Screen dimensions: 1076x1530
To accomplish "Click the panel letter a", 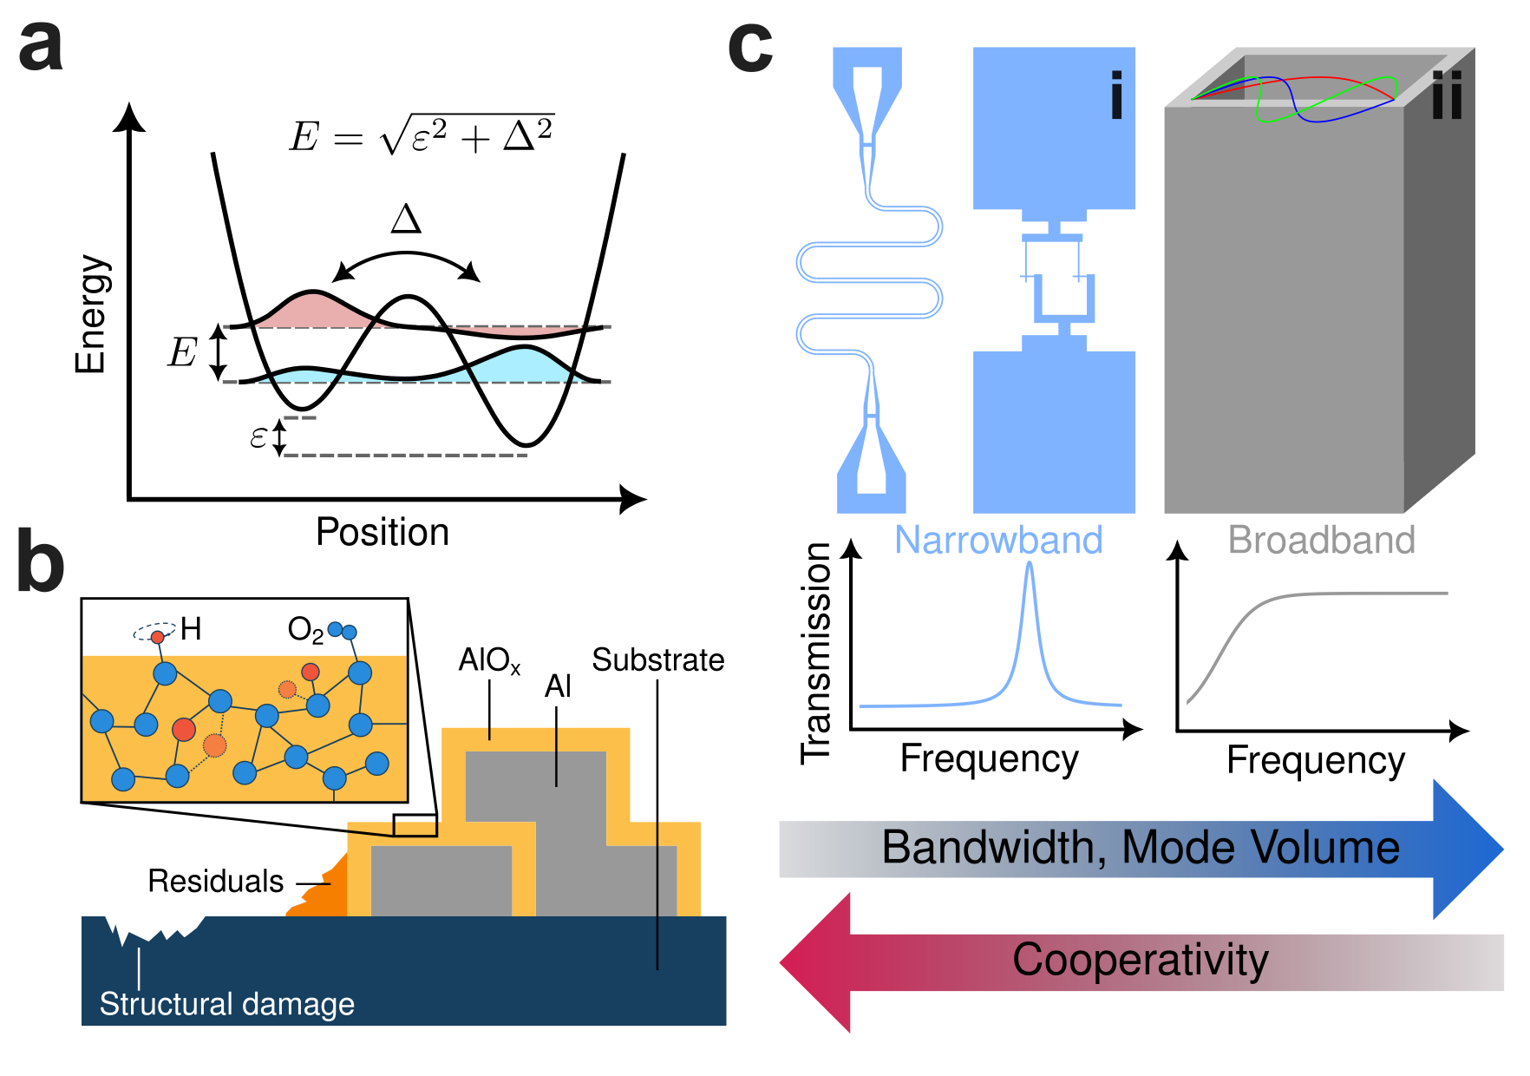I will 41,48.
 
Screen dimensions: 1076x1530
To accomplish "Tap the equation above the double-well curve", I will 422,135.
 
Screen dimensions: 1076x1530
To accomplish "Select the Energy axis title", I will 90,314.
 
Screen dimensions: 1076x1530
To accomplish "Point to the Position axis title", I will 382,532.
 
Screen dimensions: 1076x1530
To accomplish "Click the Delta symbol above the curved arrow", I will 406,219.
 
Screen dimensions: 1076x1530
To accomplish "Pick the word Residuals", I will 215,881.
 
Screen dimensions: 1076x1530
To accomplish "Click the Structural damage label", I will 226,1004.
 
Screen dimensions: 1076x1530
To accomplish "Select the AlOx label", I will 489,660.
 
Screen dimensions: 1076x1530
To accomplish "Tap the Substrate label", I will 657,660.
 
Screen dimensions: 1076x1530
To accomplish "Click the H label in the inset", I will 191,628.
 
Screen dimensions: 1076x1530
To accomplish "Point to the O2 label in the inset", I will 305,630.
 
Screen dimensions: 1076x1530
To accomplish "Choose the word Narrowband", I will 998,540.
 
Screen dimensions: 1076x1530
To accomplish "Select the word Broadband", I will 1321,540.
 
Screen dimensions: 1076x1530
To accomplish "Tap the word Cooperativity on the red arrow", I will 1141,961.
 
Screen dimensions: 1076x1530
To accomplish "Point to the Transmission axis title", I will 816,653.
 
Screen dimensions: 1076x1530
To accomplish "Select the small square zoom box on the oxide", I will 415,825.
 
